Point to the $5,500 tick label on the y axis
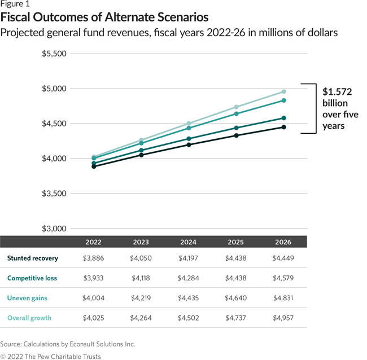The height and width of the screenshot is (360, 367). (x=54, y=54)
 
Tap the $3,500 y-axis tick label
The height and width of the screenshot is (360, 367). (x=54, y=194)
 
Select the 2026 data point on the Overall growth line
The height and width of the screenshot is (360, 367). (x=283, y=91)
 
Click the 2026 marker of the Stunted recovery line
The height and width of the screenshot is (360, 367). (x=283, y=127)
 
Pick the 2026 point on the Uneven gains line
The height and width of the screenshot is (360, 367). (x=283, y=100)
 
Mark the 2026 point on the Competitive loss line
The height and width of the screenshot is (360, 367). (x=283, y=118)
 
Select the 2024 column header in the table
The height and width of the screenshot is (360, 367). (x=188, y=242)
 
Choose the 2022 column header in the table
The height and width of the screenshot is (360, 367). (x=93, y=242)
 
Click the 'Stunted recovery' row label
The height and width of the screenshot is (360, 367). (x=32, y=258)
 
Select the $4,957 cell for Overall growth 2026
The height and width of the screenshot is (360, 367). (x=283, y=318)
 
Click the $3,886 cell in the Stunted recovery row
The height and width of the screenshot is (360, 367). (x=93, y=258)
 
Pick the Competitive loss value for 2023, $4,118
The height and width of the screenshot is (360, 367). (x=141, y=278)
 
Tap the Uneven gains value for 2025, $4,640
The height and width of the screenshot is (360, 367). (x=235, y=298)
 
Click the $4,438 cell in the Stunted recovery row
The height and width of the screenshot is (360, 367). (x=235, y=258)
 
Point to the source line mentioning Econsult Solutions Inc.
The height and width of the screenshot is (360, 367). (x=68, y=344)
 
